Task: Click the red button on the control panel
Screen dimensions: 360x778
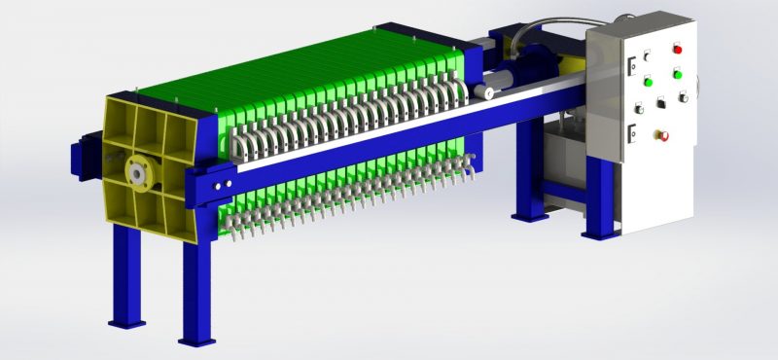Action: click(x=678, y=49)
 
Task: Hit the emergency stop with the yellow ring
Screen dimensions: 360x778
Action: click(x=664, y=133)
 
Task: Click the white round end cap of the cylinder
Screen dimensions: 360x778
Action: click(x=478, y=93)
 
